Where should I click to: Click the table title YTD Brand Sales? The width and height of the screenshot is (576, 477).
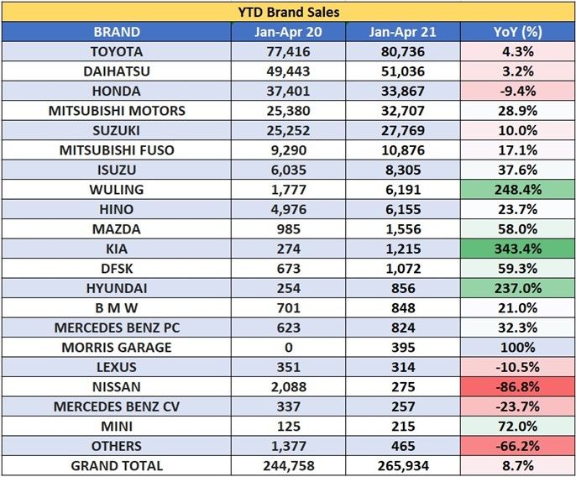pos(288,12)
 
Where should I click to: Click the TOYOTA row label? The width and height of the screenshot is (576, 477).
pos(117,52)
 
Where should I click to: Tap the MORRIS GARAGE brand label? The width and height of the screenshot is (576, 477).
pos(117,347)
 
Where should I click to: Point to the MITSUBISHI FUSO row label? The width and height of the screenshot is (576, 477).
pos(117,150)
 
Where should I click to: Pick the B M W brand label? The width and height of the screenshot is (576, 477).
pos(117,307)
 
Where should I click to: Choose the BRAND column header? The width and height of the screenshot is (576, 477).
pos(117,32)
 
